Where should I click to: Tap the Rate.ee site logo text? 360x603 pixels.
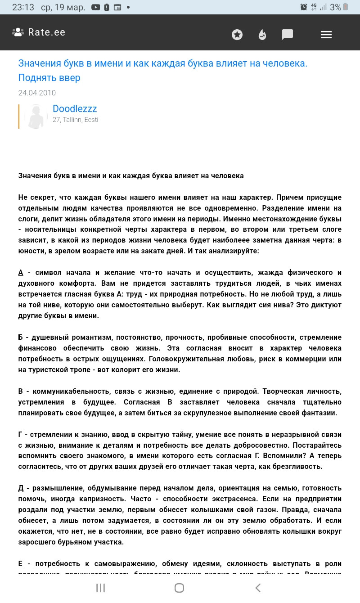click(46, 32)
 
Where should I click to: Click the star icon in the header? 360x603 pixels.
click(237, 35)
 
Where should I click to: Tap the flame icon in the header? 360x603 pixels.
click(262, 35)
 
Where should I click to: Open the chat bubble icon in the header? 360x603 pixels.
click(288, 35)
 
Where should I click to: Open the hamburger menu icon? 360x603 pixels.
click(326, 35)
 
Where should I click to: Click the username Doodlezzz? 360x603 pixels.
click(75, 109)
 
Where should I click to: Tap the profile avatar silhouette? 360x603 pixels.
click(36, 117)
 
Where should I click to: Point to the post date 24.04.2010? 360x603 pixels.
click(37, 93)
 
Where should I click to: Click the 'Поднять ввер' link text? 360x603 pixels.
click(49, 78)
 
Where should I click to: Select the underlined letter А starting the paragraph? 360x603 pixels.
click(21, 273)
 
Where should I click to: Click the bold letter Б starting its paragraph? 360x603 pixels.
click(21, 337)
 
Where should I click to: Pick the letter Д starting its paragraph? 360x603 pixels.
click(21, 488)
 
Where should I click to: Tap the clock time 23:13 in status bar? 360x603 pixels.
click(23, 7)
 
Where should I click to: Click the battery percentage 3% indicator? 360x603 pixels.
click(335, 7)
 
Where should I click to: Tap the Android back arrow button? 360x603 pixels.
click(258, 588)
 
